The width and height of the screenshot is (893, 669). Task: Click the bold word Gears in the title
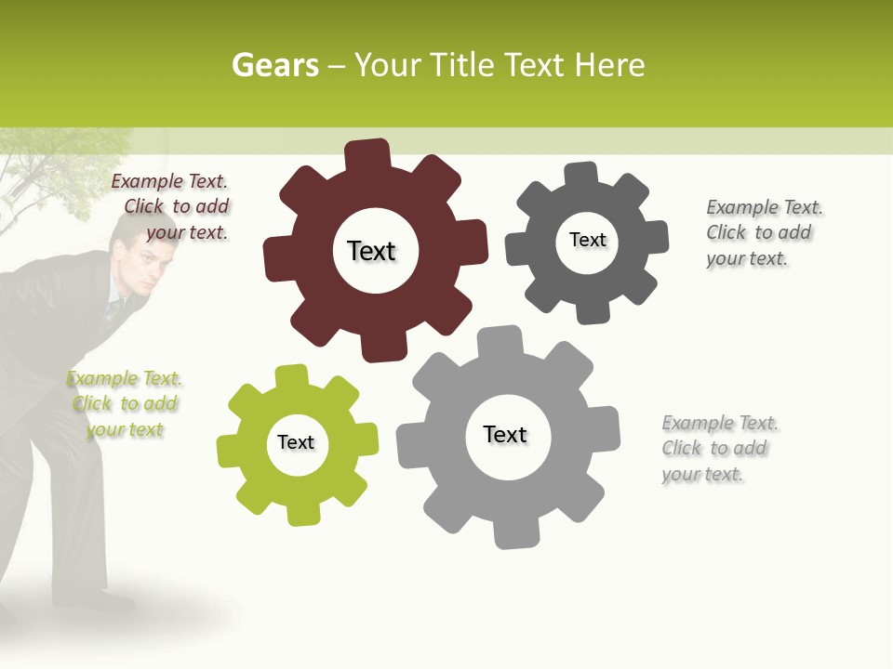pyautogui.click(x=274, y=65)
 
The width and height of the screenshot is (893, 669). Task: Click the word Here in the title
pyautogui.click(x=609, y=65)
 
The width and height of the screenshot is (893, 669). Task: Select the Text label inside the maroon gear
pyautogui.click(x=371, y=251)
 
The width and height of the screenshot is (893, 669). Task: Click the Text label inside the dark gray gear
pyautogui.click(x=587, y=240)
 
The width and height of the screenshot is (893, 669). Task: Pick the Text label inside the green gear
pyautogui.click(x=296, y=442)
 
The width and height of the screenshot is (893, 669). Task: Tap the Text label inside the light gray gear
pyautogui.click(x=505, y=434)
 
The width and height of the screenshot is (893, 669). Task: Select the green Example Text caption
pyautogui.click(x=125, y=404)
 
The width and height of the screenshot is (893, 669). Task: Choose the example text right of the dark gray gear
pyautogui.click(x=760, y=232)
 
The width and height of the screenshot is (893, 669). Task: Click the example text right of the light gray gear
pyautogui.click(x=716, y=448)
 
